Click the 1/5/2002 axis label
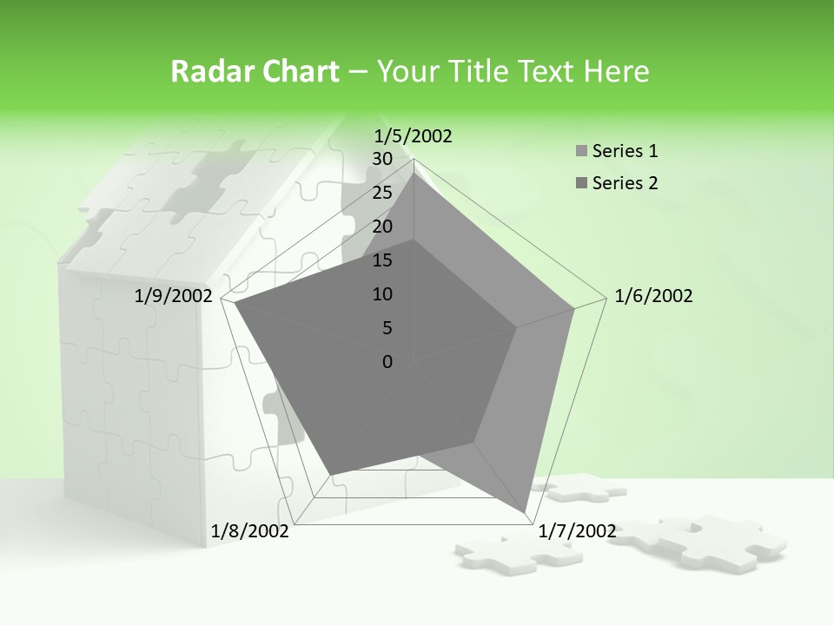(413, 136)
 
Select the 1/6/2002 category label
(653, 296)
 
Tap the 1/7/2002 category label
(577, 530)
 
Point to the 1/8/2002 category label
(250, 530)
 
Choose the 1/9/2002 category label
(174, 296)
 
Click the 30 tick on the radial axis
(382, 159)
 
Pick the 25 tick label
(382, 193)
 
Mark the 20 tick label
(382, 227)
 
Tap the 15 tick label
(382, 260)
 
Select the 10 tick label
(382, 294)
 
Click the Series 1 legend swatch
(581, 152)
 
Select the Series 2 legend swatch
(581, 183)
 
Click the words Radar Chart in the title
(255, 72)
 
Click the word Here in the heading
(616, 72)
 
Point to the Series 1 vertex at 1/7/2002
(526, 510)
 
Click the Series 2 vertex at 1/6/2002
(517, 327)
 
